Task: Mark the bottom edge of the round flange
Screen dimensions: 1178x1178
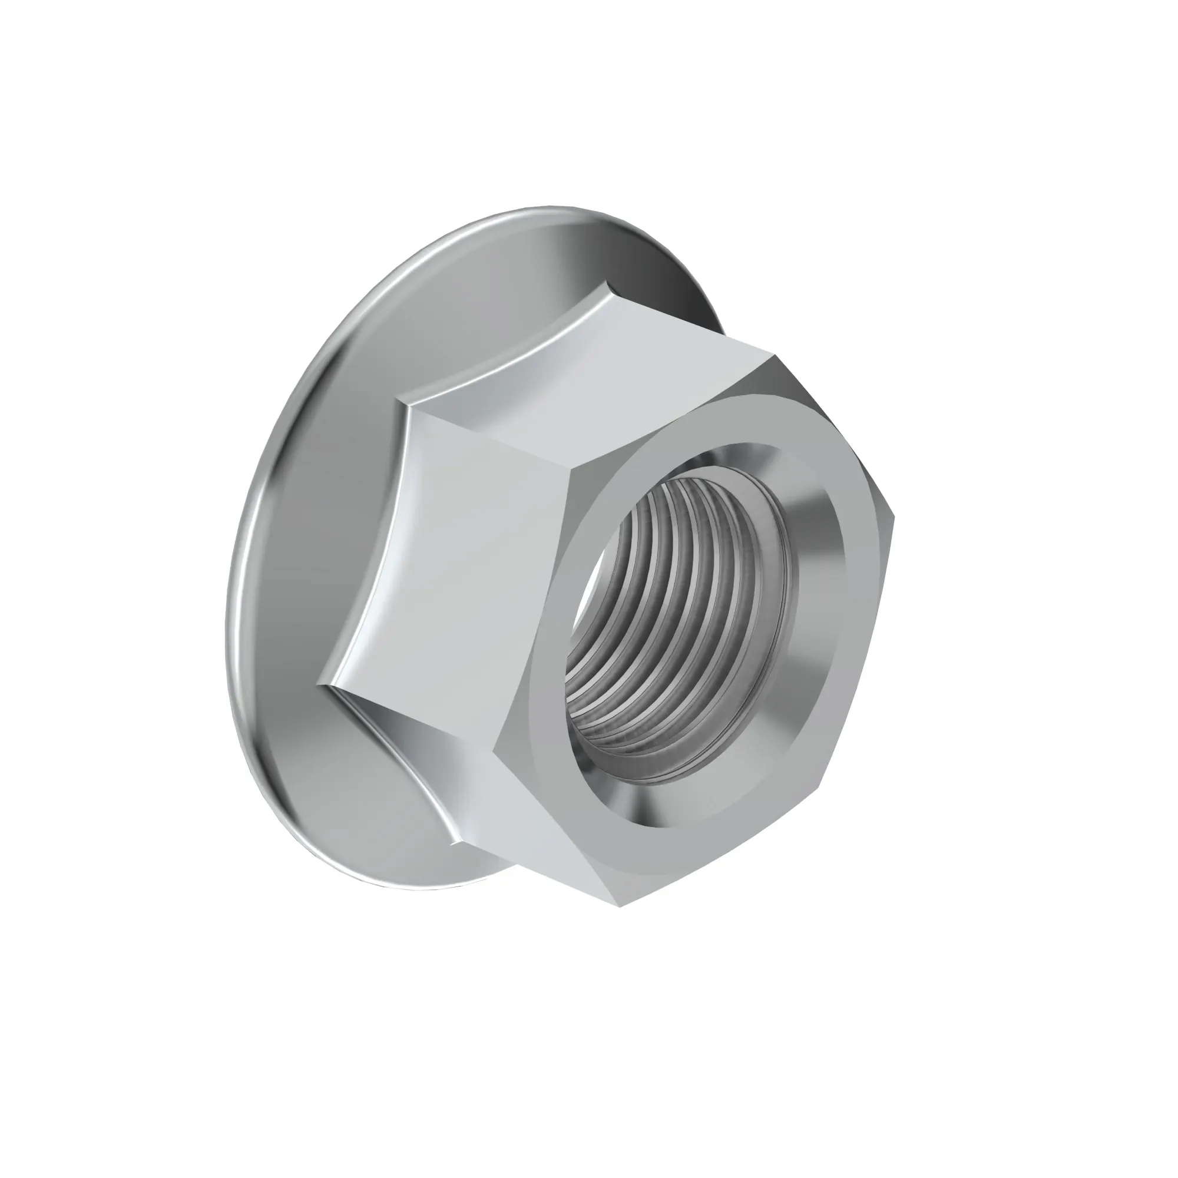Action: [x=427, y=891]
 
